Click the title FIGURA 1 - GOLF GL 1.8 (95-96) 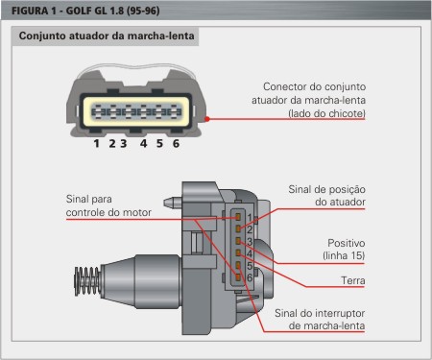(x=85, y=11)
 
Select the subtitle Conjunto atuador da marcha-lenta (x=107, y=36)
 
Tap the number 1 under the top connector (x=96, y=143)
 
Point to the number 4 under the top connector (x=143, y=143)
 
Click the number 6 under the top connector (x=176, y=143)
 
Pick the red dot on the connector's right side (x=207, y=119)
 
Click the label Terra (x=353, y=280)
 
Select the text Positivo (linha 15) (x=344, y=250)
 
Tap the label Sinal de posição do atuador (x=326, y=196)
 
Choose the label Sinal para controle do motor (x=108, y=205)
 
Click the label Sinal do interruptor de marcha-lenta (x=320, y=320)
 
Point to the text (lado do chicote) (x=326, y=113)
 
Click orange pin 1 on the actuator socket (x=238, y=217)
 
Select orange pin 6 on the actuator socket (x=238, y=277)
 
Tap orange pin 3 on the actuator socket (x=238, y=241)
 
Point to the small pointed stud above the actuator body (x=173, y=203)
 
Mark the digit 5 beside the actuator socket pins (x=250, y=266)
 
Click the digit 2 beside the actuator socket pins (x=250, y=229)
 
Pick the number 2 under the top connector (x=111, y=143)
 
